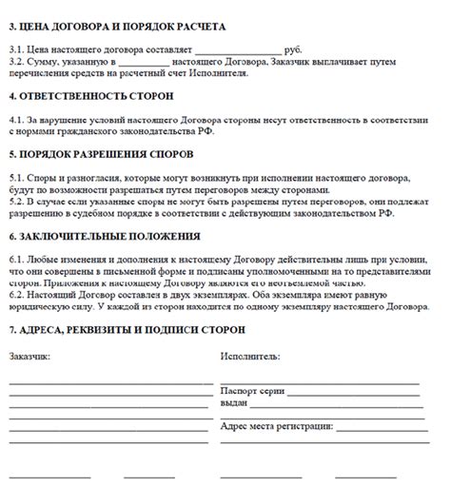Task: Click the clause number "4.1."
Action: (x=19, y=122)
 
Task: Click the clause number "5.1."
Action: (x=19, y=177)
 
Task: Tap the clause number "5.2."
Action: (x=19, y=203)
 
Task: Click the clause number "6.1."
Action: (x=19, y=260)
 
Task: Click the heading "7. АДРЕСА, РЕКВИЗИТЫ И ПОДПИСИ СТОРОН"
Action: (x=127, y=329)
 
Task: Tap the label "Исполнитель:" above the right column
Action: (x=249, y=356)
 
